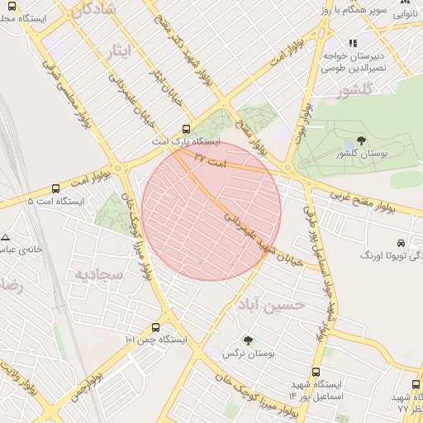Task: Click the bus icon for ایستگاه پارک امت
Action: tap(186, 129)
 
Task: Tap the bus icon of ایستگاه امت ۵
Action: tap(55, 188)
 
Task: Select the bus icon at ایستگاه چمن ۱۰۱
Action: tap(156, 327)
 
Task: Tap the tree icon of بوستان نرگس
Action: tap(248, 340)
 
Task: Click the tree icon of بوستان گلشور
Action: tap(360, 141)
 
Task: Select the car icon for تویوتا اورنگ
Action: tap(401, 244)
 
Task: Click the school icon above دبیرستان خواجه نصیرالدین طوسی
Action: tap(352, 43)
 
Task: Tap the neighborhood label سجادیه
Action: tap(99, 273)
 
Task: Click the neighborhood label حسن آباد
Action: tap(276, 305)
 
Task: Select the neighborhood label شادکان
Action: tap(81, 10)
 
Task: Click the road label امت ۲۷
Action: tap(211, 157)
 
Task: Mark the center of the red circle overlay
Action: tap(211, 211)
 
